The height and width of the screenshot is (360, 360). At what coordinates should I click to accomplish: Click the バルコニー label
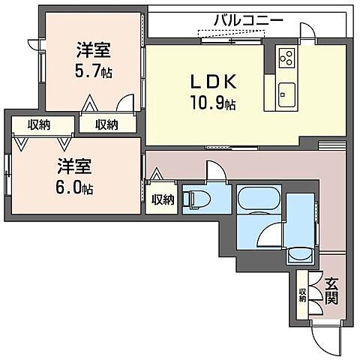point(247,19)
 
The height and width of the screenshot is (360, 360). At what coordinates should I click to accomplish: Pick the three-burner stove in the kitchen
point(286,57)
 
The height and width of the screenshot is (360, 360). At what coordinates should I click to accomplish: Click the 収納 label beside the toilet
point(163,199)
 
